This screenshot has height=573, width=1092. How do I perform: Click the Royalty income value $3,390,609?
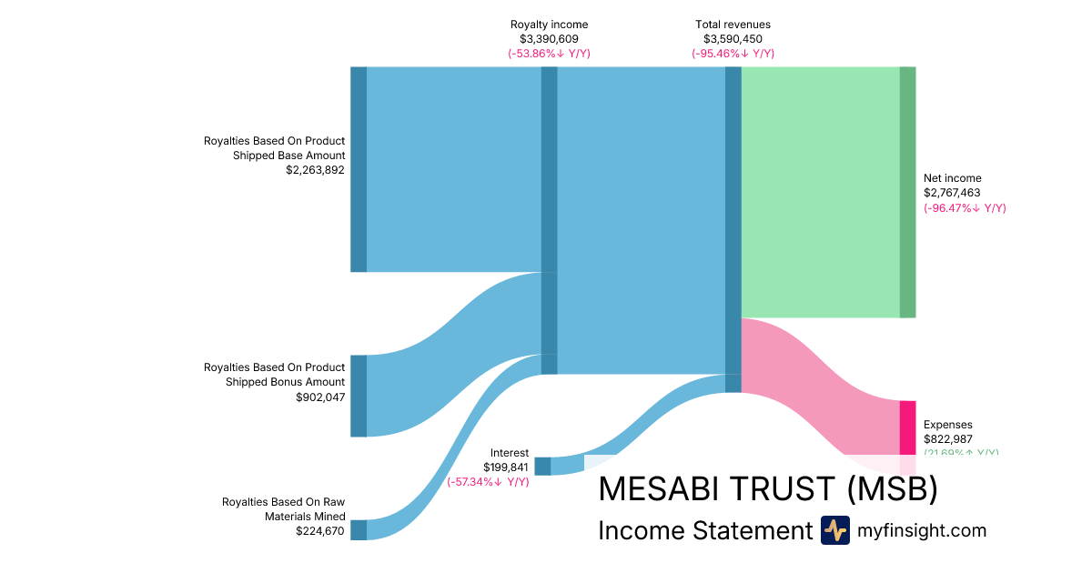pyautogui.click(x=549, y=39)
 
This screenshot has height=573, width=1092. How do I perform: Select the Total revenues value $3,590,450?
pyautogui.click(x=733, y=39)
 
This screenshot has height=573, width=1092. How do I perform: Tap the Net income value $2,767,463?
pyautogui.click(x=953, y=193)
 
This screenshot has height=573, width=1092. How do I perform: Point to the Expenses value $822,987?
pyautogui.click(x=948, y=439)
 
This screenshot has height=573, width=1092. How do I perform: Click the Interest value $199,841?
pyautogui.click(x=506, y=467)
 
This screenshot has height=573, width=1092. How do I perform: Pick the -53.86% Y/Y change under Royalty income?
pyautogui.click(x=549, y=54)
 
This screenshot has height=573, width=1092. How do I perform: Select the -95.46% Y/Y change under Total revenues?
pyautogui.click(x=733, y=54)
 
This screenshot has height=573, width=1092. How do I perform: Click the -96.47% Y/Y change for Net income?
pyautogui.click(x=965, y=208)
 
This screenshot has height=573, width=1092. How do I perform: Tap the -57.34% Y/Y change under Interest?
pyautogui.click(x=488, y=481)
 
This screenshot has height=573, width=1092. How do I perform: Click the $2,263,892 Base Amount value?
pyautogui.click(x=316, y=170)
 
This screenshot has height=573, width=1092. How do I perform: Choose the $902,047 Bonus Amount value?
pyautogui.click(x=320, y=397)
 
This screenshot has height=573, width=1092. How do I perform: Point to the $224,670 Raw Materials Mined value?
pyautogui.click(x=320, y=531)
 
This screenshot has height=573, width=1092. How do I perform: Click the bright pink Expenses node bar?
pyautogui.click(x=907, y=427)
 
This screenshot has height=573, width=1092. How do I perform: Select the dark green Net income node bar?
pyautogui.click(x=907, y=192)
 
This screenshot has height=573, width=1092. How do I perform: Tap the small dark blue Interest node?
pyautogui.click(x=542, y=467)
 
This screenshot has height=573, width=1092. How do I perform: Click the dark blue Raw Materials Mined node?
pyautogui.click(x=359, y=530)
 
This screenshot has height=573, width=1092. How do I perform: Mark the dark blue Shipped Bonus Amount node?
pyautogui.click(x=359, y=396)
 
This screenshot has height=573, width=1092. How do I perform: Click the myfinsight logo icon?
pyautogui.click(x=834, y=530)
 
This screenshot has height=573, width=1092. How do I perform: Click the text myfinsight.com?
pyautogui.click(x=922, y=530)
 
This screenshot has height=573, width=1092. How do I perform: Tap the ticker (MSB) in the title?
pyautogui.click(x=892, y=489)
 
